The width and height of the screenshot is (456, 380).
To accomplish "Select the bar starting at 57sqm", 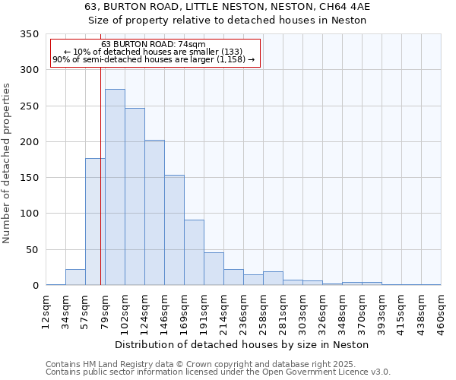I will point(95,221).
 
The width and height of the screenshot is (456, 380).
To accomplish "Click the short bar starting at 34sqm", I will point(75,277).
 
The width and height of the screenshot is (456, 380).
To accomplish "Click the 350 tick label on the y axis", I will point(29,34).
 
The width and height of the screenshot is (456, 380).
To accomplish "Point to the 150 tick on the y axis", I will point(29,178).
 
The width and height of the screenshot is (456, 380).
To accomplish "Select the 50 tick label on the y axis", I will point(32,249).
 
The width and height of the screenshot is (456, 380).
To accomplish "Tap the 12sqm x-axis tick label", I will point(46,310).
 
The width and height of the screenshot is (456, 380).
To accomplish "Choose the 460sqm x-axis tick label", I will point(442,310).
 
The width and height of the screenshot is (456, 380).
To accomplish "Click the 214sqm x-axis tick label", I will point(224,310).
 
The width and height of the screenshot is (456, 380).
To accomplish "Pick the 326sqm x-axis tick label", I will point(323,310).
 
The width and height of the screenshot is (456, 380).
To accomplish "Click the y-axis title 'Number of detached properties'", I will point(7,163).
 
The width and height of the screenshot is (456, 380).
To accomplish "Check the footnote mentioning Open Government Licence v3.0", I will point(218,372).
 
